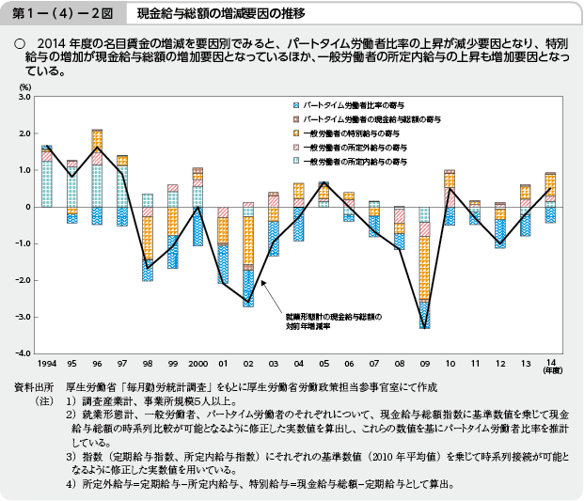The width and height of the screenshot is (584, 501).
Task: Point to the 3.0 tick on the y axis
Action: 24,97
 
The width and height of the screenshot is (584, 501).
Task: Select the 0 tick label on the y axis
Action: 28,207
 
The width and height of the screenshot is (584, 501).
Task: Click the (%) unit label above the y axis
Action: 24,86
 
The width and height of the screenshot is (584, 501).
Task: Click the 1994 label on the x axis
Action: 46,363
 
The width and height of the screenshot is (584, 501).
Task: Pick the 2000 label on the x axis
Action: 197,363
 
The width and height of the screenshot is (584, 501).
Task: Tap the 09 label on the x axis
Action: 424,363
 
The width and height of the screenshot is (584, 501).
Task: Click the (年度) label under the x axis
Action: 549,370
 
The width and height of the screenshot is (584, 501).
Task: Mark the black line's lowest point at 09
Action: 424,327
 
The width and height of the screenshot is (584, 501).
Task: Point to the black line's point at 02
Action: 247,304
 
